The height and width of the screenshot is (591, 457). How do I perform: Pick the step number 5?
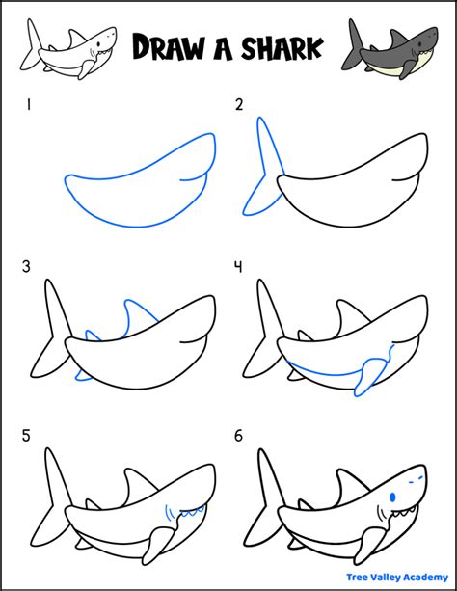(x=29, y=435)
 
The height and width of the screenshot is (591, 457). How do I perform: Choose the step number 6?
(x=239, y=435)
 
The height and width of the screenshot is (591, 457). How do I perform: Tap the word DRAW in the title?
(x=165, y=46)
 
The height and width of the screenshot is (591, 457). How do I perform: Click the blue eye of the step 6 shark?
(x=394, y=497)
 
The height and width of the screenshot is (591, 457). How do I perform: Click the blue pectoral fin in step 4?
(x=365, y=378)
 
